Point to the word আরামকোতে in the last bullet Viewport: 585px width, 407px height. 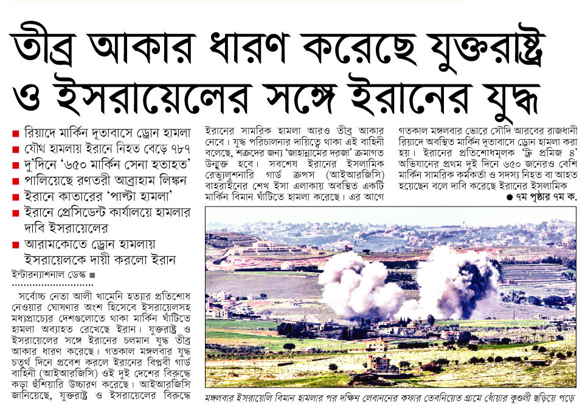(52, 245)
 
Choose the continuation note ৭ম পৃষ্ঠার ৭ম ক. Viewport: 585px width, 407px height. (542, 197)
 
